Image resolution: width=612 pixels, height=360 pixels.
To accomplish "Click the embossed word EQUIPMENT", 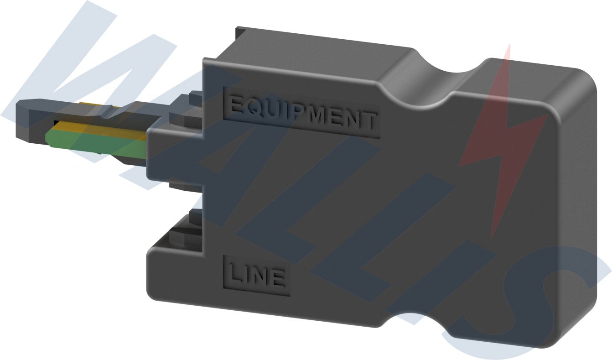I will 301,112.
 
